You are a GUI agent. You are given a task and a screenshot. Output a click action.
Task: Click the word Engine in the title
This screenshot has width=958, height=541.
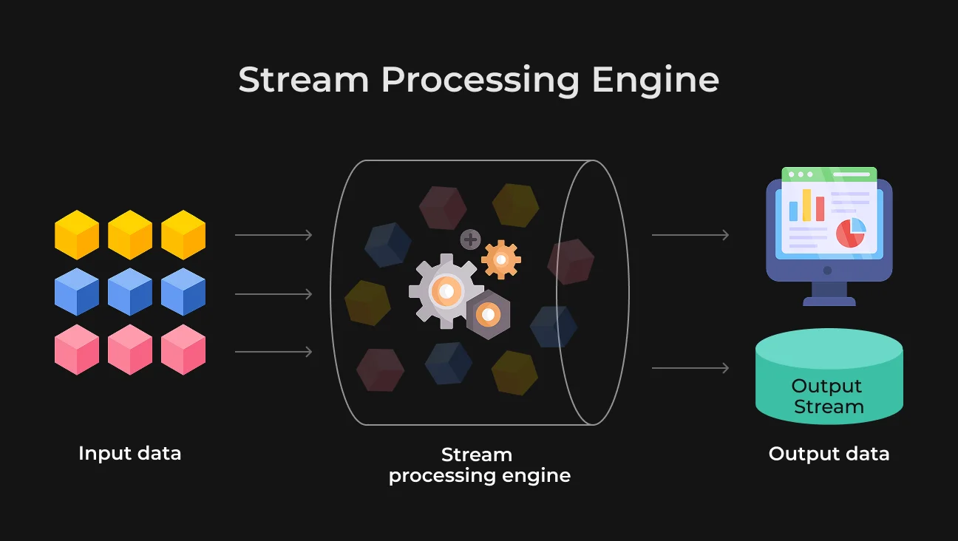pyautogui.click(x=655, y=81)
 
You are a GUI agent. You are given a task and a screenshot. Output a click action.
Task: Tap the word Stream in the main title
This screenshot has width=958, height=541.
pyautogui.click(x=304, y=79)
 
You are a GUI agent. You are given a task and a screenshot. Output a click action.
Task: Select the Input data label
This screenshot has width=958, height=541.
pyautogui.click(x=129, y=453)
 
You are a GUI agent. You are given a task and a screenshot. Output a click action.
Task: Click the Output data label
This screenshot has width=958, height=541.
pyautogui.click(x=829, y=454)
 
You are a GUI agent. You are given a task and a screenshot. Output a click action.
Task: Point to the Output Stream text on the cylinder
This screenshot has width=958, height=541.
pyautogui.click(x=828, y=396)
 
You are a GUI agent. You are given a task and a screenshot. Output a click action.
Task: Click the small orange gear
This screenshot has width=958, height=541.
pyautogui.click(x=501, y=259)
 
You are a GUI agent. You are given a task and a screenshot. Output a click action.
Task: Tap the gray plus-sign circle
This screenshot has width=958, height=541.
pyautogui.click(x=470, y=239)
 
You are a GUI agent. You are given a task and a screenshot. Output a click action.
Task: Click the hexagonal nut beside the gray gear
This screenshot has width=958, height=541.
pyautogui.click(x=488, y=315)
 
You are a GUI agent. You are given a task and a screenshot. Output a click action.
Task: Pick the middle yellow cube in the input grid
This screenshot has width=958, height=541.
pyautogui.click(x=130, y=235)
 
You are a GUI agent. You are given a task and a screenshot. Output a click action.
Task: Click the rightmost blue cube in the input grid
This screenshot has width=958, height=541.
pyautogui.click(x=183, y=292)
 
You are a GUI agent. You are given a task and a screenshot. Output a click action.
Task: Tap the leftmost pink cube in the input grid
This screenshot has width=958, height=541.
pyautogui.click(x=77, y=350)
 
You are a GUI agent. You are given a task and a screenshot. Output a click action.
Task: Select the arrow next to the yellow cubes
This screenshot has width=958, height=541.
pyautogui.click(x=274, y=235)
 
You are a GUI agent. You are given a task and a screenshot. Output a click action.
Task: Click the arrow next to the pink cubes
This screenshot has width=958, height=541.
pyautogui.click(x=274, y=352)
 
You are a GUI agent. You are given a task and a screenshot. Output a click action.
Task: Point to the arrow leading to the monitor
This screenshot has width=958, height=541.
pyautogui.click(x=690, y=235)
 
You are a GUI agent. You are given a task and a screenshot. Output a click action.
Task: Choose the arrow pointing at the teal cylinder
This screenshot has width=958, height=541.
pyautogui.click(x=690, y=368)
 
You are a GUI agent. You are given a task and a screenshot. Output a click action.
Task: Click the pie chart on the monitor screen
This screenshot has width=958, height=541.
pyautogui.click(x=851, y=233)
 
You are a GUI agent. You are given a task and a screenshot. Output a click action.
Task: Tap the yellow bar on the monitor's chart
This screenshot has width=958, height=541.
pyautogui.click(x=806, y=205)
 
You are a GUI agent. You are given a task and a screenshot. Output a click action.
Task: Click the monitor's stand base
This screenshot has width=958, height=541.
pyautogui.click(x=829, y=302)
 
